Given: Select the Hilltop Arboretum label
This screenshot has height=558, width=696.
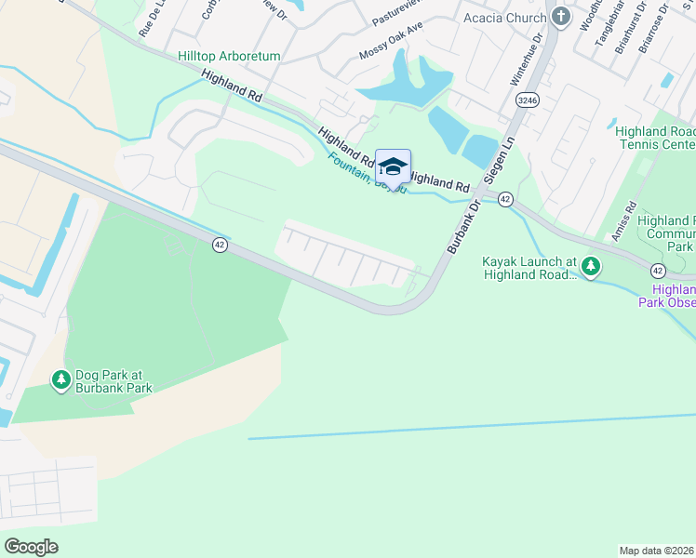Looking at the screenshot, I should click(230, 57).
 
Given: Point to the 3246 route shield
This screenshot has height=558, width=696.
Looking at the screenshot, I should click(528, 100).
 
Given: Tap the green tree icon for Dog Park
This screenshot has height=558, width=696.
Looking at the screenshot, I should click(61, 379).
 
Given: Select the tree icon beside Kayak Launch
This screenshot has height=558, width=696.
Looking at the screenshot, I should click(591, 268).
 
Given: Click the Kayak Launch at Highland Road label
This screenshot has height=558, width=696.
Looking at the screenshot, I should click(529, 268).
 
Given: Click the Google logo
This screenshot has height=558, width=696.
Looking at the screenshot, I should click(32, 546).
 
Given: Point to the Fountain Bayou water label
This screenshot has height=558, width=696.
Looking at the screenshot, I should click(367, 172).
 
